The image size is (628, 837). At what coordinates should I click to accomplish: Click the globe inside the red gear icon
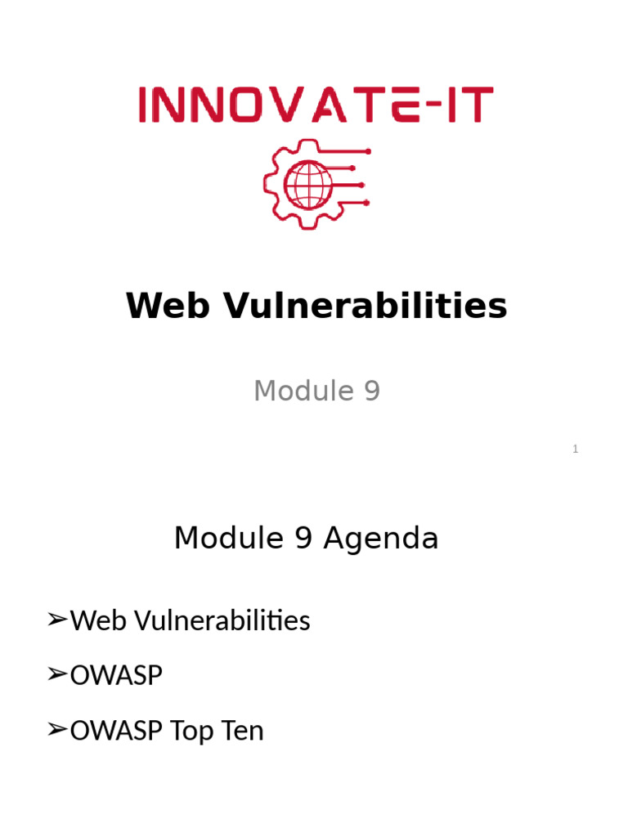click(x=307, y=185)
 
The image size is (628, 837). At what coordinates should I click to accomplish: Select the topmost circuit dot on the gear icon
click(x=368, y=151)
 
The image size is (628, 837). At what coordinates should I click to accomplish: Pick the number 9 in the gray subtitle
click(x=371, y=391)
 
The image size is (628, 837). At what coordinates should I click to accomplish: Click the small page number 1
click(x=576, y=449)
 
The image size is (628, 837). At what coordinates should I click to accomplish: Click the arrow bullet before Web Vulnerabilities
click(x=56, y=621)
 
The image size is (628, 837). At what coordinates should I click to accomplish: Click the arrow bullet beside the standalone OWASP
click(x=56, y=675)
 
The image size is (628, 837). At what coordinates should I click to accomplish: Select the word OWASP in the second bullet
click(x=116, y=676)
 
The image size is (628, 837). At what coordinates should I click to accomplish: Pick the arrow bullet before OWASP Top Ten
click(x=56, y=730)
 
